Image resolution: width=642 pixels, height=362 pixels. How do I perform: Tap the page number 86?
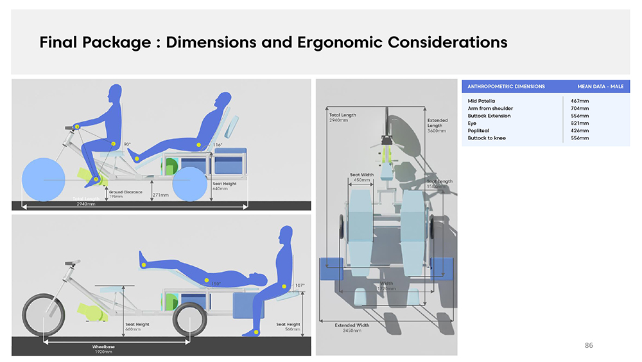coord(589,345)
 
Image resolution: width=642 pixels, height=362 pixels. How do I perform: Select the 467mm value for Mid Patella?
coord(579,101)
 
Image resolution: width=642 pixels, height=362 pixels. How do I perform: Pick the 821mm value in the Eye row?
coord(579,123)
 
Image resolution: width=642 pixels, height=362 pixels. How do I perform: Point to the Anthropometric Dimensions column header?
coord(506,86)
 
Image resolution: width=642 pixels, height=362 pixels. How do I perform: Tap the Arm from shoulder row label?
coord(490,108)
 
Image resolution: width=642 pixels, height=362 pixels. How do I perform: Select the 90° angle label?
coord(128,144)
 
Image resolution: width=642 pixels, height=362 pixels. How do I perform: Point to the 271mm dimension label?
coord(160,194)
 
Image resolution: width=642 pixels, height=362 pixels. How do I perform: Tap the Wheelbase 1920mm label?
coord(103,349)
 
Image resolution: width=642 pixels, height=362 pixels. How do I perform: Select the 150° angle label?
coord(216,284)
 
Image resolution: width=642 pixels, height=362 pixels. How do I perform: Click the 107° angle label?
coord(300,285)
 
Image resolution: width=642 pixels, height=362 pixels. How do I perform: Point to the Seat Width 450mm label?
coord(361,177)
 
